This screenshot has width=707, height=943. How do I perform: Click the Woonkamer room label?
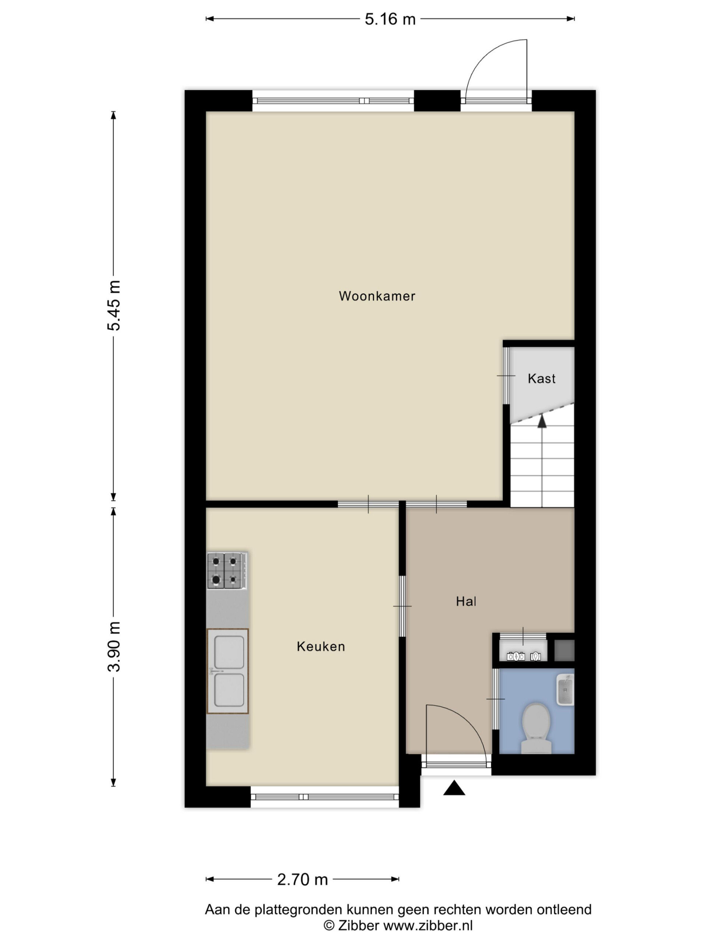(x=377, y=296)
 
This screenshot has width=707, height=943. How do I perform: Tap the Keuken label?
(x=321, y=646)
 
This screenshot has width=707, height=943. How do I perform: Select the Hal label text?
(x=466, y=602)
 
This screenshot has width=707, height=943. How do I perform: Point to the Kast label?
(x=541, y=379)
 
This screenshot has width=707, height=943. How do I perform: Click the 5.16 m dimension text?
(x=390, y=19)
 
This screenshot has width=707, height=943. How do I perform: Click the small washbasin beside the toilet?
(x=566, y=689)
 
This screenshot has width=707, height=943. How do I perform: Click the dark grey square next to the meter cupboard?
(x=564, y=651)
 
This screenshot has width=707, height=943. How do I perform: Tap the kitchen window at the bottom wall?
(x=325, y=797)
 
